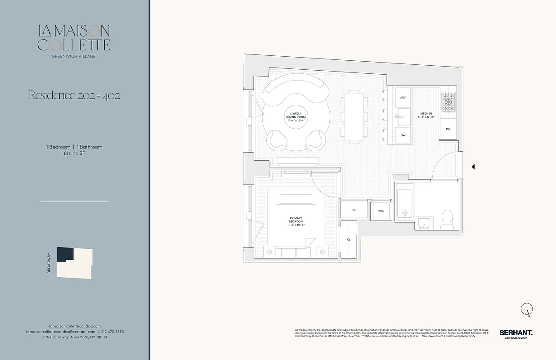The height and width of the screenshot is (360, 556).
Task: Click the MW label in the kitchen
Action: [x=403, y=97]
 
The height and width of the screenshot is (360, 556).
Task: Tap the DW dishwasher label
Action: [x=403, y=135]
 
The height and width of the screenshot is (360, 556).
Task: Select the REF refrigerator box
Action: [x=448, y=129]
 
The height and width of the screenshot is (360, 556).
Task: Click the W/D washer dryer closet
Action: [x=381, y=211]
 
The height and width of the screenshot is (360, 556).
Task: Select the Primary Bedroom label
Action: [x=296, y=221]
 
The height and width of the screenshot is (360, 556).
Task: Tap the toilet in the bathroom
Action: [x=447, y=219]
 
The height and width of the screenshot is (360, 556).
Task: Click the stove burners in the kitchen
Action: [x=448, y=102]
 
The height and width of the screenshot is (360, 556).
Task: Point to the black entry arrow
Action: [x=473, y=167]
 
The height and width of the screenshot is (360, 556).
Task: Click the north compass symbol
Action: [x=526, y=309]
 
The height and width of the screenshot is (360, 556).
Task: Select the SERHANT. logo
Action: [x=516, y=333]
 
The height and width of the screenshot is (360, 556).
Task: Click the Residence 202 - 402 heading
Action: [x=74, y=95]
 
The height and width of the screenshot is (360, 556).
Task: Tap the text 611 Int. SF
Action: [x=74, y=153]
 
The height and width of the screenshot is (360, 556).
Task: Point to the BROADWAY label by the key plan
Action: [x=49, y=263]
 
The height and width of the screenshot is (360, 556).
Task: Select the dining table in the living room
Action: [x=354, y=117]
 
